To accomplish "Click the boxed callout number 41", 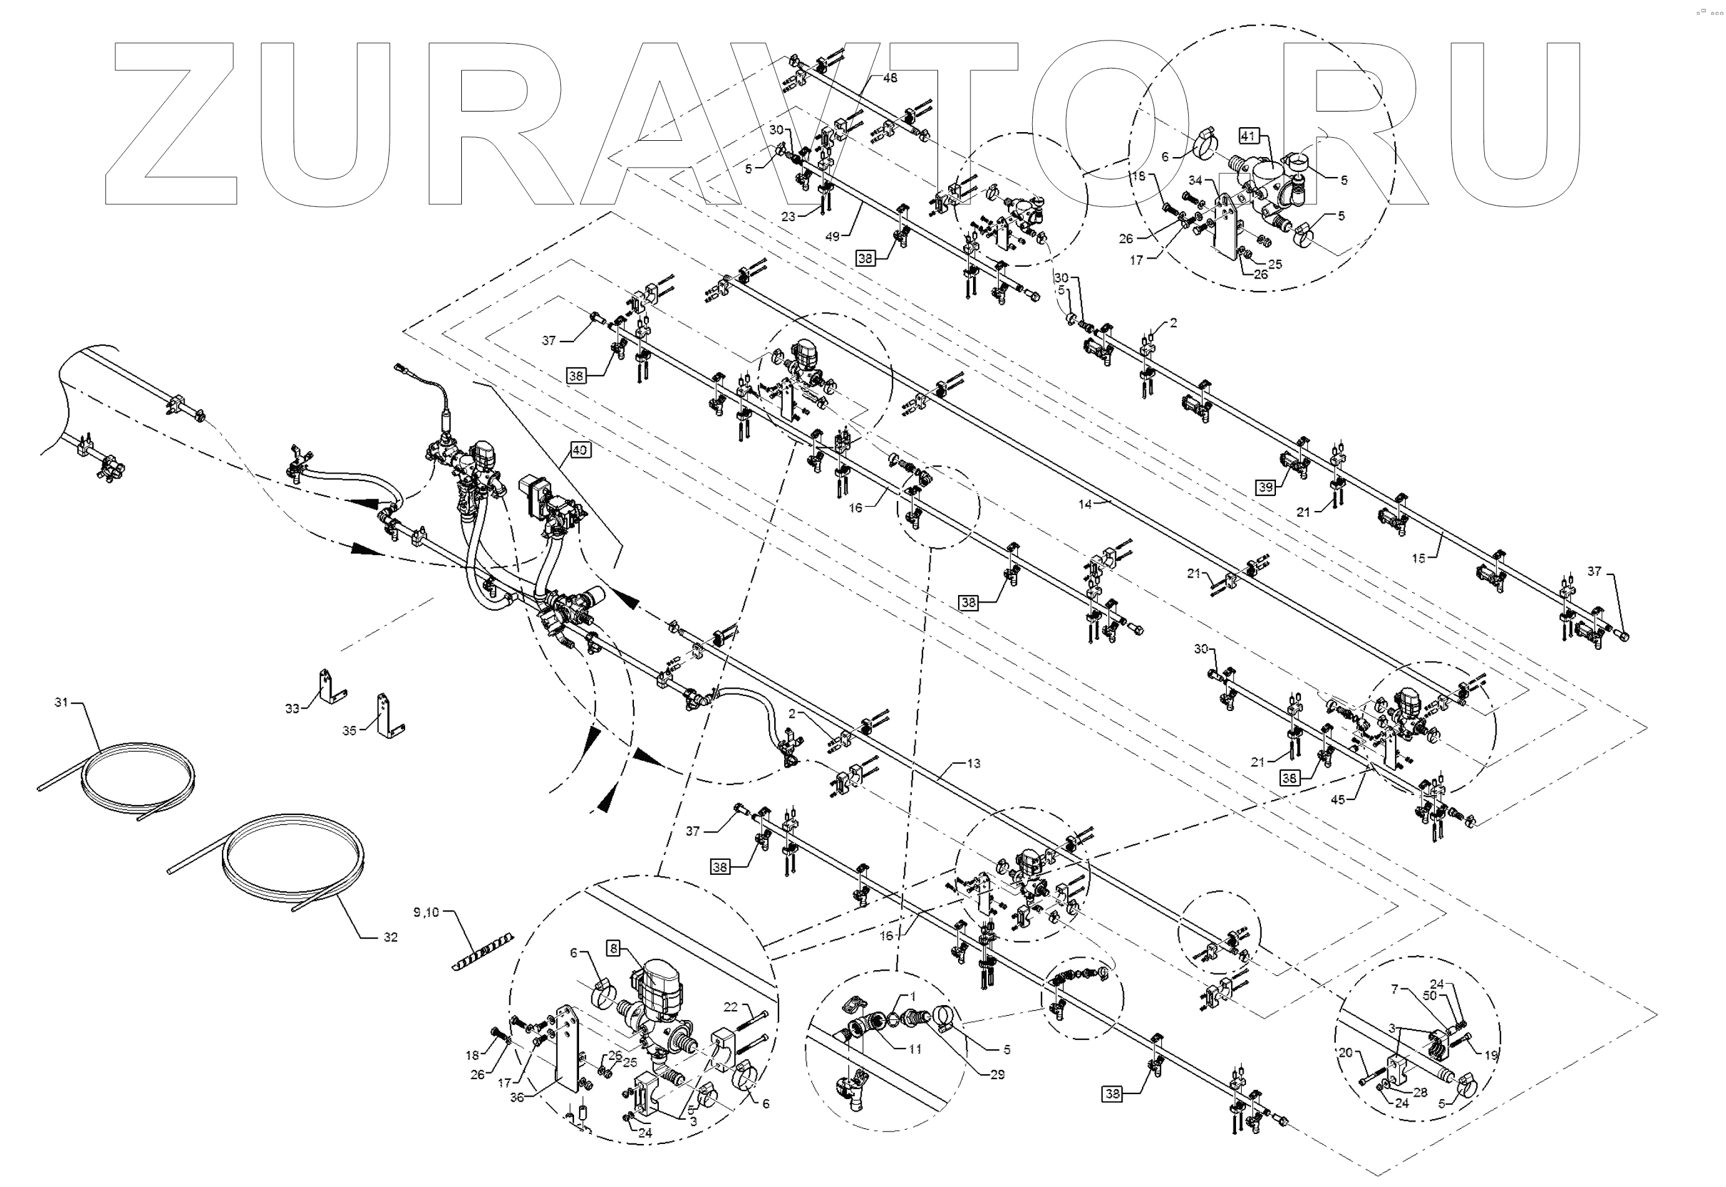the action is click(x=1248, y=136).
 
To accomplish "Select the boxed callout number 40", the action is click(x=580, y=450).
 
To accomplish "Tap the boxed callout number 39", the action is click(x=1265, y=487).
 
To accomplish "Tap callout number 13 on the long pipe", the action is click(x=974, y=763).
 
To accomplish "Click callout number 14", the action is click(x=1085, y=504).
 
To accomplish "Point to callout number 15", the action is click(x=1419, y=558).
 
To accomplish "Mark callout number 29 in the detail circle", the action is click(x=997, y=1074).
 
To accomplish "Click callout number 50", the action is click(x=1429, y=995).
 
